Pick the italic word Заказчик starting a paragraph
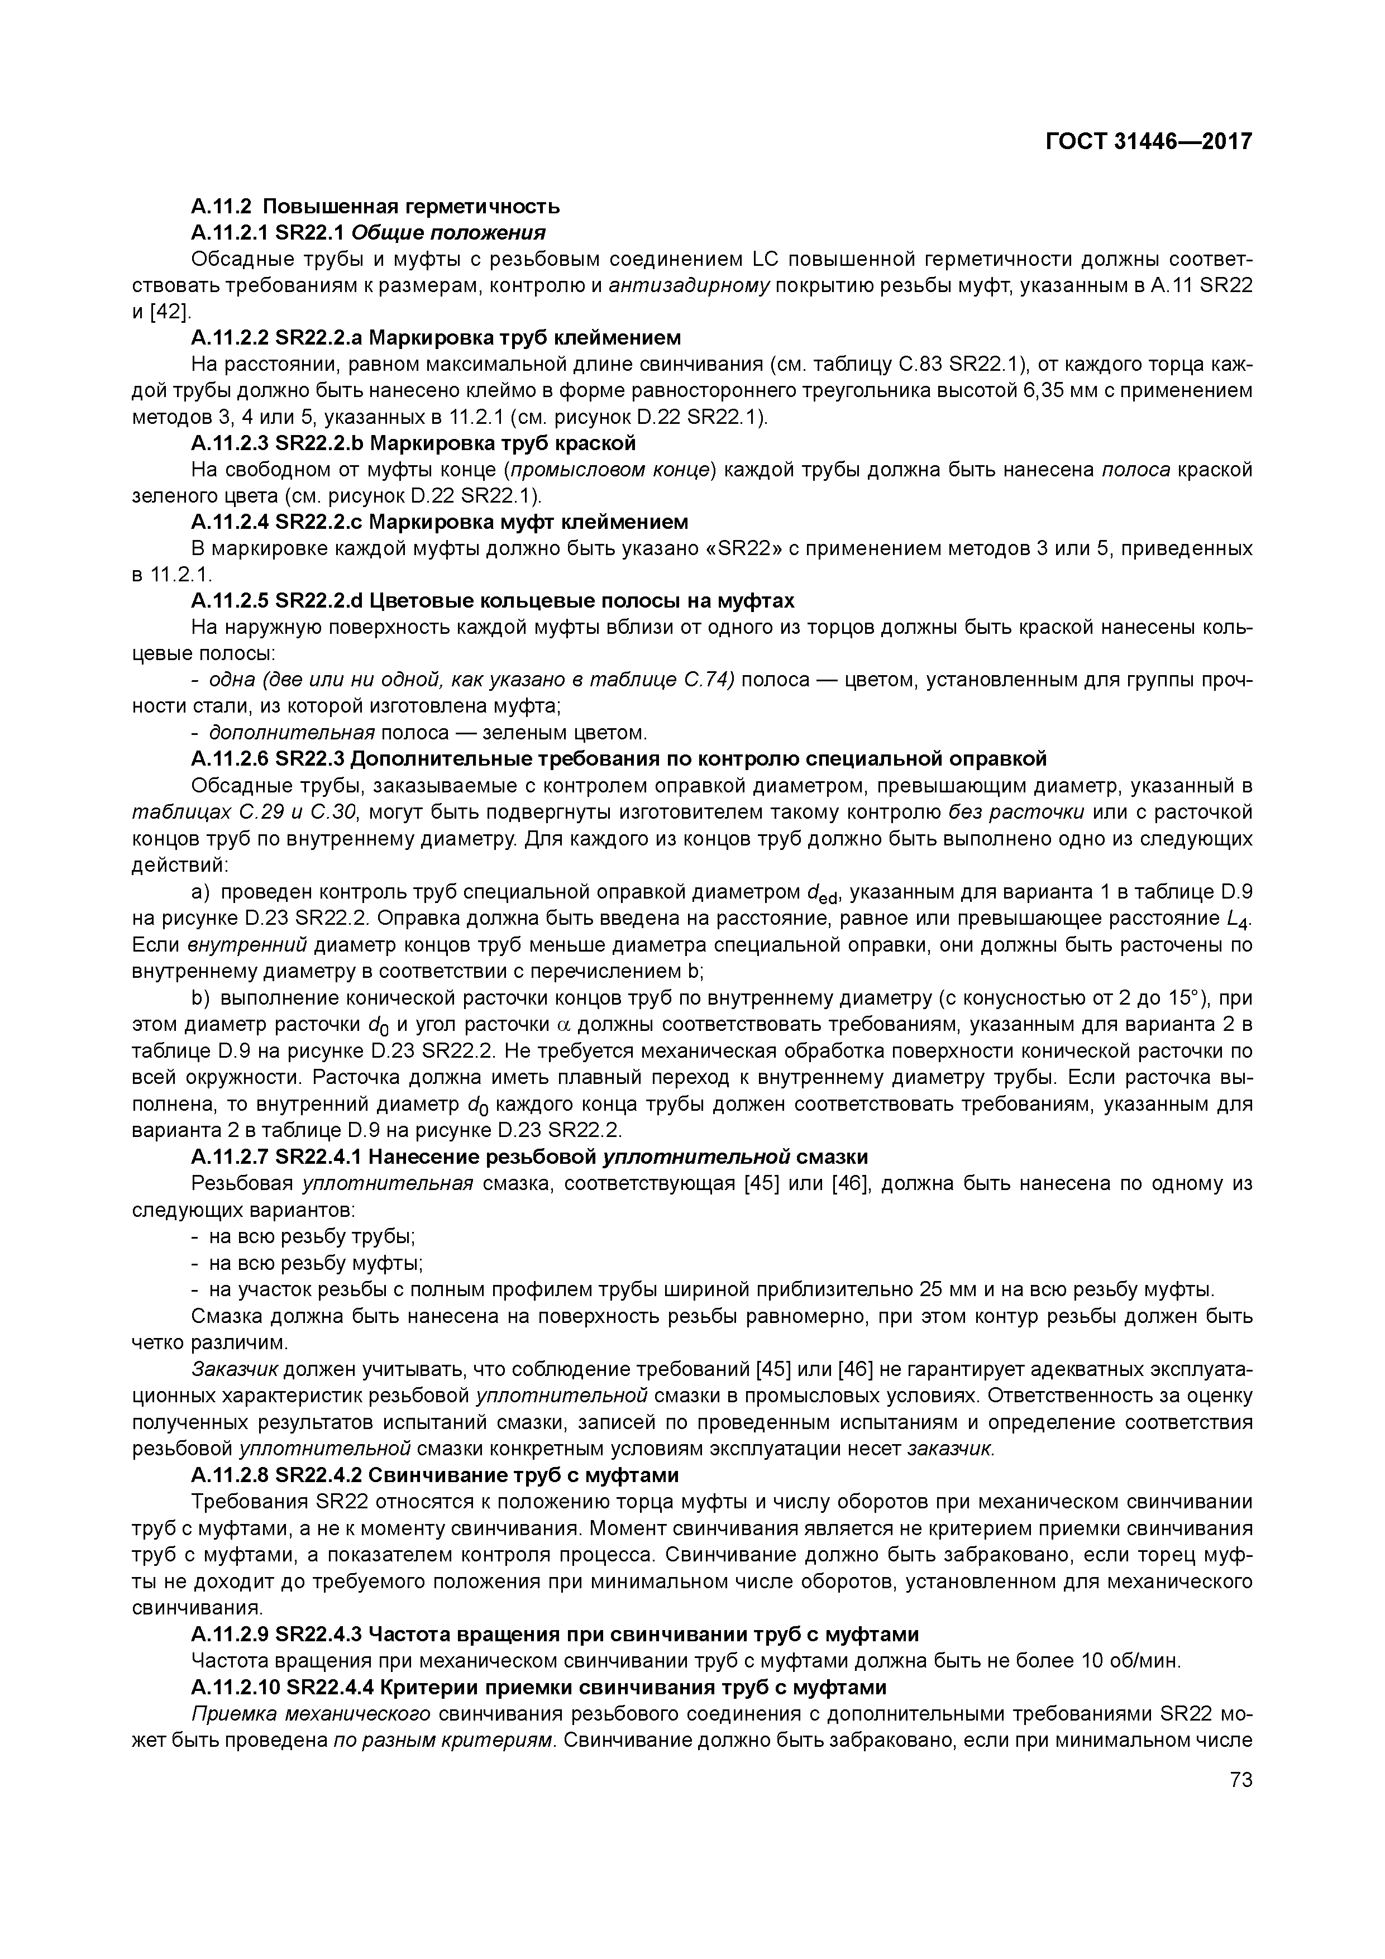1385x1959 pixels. [235, 1369]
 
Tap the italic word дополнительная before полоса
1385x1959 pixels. [292, 733]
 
